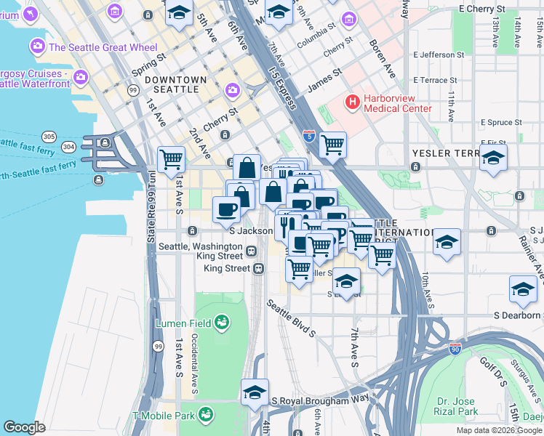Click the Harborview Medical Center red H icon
353,102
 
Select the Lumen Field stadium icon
221,322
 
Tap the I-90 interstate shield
455,349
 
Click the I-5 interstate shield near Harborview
309,134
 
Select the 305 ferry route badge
49,136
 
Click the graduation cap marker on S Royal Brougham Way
255,392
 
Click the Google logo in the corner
24,427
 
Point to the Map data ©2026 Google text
499,430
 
